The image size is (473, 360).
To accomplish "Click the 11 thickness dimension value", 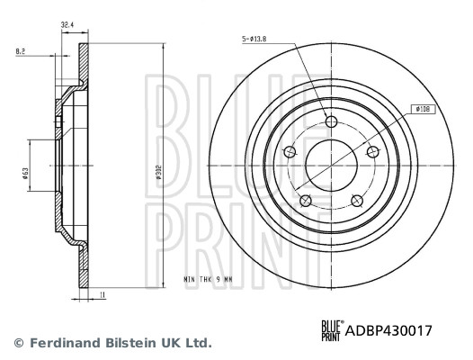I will click(x=104, y=294).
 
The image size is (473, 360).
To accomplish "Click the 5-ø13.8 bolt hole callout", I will click(x=255, y=39).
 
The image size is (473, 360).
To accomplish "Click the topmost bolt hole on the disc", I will click(x=331, y=122).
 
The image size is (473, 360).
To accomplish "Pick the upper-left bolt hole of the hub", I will click(x=290, y=152).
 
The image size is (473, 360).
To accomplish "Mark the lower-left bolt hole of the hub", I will click(x=306, y=199).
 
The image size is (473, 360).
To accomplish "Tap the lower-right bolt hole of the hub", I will click(x=356, y=199).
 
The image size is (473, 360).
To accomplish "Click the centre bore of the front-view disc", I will click(x=331, y=165).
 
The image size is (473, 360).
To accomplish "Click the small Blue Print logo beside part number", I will click(x=333, y=330).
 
